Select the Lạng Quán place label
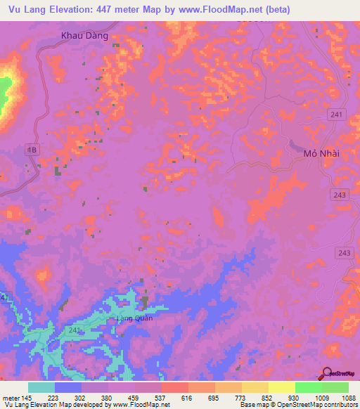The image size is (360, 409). (x=134, y=318)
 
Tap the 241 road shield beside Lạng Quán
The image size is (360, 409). (x=76, y=329)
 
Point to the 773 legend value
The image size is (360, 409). (x=229, y=397)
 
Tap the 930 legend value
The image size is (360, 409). (x=282, y=397)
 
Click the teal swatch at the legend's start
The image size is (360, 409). (x=41, y=387)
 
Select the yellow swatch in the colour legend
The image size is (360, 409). (x=281, y=387)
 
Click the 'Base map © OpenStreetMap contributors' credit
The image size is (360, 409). (x=298, y=405)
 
